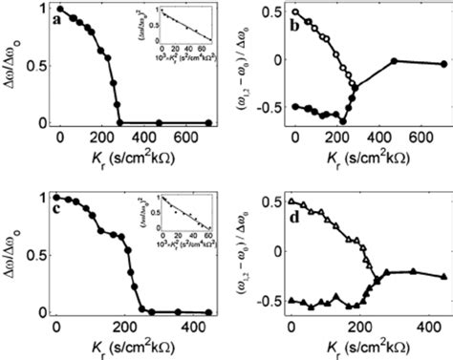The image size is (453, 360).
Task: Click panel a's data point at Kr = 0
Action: coord(60,10)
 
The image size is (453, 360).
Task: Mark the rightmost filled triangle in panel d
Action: coord(443,277)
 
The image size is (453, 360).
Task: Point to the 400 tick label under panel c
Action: coord(191,327)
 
